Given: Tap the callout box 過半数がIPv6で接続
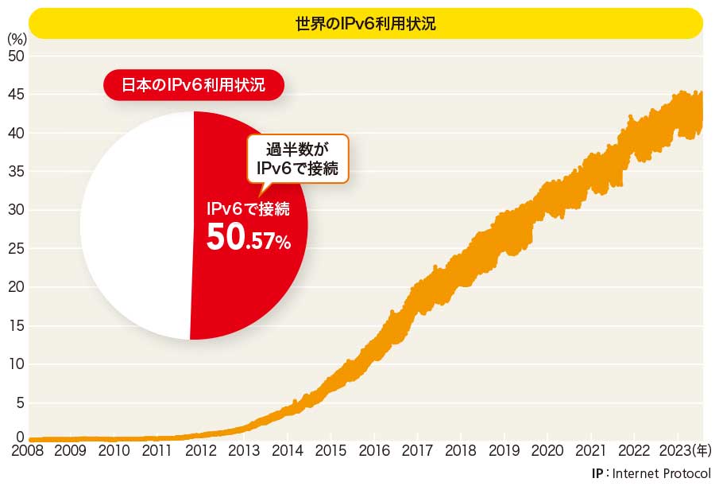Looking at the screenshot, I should (x=298, y=156).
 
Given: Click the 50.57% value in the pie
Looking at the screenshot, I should (x=249, y=239).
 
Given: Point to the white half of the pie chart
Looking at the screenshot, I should (x=135, y=227).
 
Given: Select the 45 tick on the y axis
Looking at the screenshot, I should (x=16, y=95).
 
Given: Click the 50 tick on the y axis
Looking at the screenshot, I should (x=16, y=56).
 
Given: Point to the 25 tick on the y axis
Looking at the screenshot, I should (x=16, y=249).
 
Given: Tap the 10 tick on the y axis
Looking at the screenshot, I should (x=16, y=364).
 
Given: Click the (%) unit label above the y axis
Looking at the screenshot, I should (x=17, y=38).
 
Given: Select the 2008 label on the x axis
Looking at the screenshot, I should (x=29, y=451).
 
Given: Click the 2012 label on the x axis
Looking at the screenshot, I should (x=200, y=451).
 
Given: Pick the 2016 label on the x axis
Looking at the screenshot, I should (x=373, y=451).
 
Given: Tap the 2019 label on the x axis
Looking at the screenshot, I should (x=503, y=451).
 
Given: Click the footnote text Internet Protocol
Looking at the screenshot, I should (x=663, y=473).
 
